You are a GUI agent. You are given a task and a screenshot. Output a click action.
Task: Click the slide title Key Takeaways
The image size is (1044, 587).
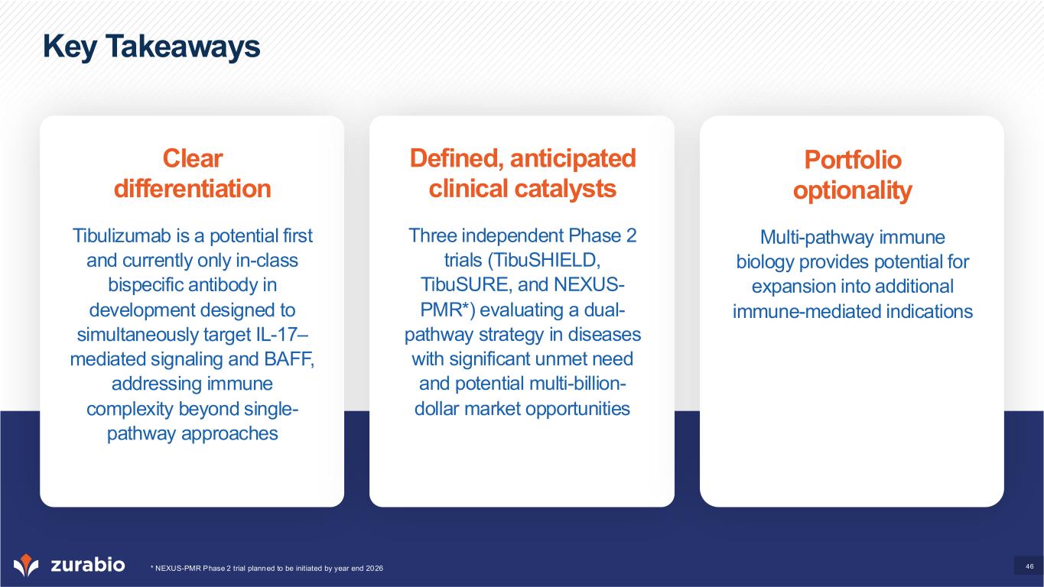(151, 47)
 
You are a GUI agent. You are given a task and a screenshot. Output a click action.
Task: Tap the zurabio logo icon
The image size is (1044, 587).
(26, 565)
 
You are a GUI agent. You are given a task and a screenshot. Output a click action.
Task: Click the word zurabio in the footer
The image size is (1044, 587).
(88, 565)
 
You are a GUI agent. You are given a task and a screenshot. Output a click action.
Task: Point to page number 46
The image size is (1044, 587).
(1030, 566)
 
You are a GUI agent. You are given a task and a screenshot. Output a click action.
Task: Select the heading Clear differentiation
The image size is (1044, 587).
(193, 174)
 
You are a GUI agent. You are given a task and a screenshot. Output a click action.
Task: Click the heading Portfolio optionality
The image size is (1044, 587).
(853, 175)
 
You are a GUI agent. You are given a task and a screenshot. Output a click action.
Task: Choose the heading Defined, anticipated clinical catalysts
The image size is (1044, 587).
(522, 174)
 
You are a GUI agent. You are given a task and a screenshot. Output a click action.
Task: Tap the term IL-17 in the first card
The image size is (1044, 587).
(281, 335)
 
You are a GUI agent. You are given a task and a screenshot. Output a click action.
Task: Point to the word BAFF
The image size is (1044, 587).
(289, 359)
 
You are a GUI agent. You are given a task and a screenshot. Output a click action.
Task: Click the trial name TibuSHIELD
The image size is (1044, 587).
(545, 261)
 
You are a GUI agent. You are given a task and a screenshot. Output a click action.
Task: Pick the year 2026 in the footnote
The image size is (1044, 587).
(375, 569)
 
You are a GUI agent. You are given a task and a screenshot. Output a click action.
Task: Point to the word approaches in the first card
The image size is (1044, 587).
(229, 433)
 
